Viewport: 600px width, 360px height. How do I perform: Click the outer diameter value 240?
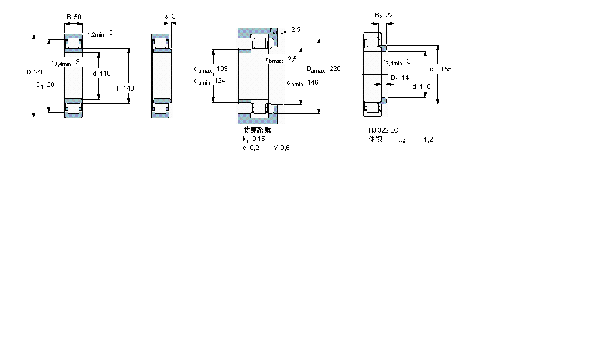40,73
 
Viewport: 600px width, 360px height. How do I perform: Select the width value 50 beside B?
78,17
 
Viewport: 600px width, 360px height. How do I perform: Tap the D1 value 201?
52,85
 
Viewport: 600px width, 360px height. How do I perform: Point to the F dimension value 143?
128,88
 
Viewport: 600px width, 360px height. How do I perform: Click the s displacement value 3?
174,16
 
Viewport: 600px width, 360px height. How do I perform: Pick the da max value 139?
222,68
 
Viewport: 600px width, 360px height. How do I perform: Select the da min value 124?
220,81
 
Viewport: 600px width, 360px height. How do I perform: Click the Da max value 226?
335,69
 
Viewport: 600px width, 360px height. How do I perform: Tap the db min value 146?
313,82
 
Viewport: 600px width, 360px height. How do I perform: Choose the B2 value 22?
389,15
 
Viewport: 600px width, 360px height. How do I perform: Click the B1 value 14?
405,77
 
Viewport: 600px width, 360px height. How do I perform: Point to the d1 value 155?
446,69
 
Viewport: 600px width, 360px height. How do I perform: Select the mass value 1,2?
428,139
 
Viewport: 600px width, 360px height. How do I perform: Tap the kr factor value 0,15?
258,139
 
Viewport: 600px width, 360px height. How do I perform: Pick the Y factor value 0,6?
284,148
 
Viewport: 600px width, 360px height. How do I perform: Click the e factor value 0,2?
254,148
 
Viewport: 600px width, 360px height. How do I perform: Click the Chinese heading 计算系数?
257,130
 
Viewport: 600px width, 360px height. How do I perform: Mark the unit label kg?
402,139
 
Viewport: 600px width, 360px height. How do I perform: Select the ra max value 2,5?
295,29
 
